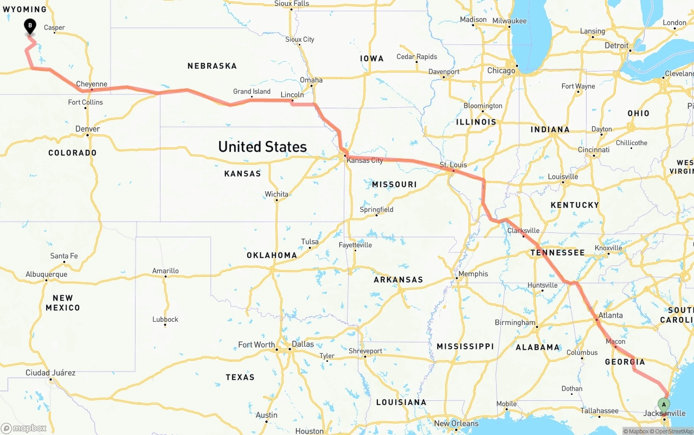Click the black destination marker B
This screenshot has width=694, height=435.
click(30, 25)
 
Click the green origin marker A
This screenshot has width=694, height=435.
click(664, 404)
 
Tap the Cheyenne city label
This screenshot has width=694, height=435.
click(92, 84)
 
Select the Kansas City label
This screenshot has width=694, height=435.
click(364, 160)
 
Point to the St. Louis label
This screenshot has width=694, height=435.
click(453, 165)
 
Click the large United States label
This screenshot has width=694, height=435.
click(262, 146)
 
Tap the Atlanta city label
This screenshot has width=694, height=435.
click(610, 315)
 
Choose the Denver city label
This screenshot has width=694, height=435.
click(88, 129)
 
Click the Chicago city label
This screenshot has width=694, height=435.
click(501, 71)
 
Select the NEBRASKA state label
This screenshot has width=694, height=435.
click(212, 66)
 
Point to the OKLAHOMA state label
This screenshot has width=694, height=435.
click(272, 255)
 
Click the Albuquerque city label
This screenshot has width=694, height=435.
click(47, 274)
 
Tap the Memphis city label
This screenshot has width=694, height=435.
click(473, 274)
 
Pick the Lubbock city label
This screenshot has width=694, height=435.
click(165, 319)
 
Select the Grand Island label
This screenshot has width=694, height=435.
click(252, 92)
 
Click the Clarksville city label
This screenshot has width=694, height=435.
click(523, 230)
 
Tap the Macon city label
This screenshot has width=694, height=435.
click(615, 341)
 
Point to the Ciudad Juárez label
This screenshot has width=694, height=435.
click(50, 373)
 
